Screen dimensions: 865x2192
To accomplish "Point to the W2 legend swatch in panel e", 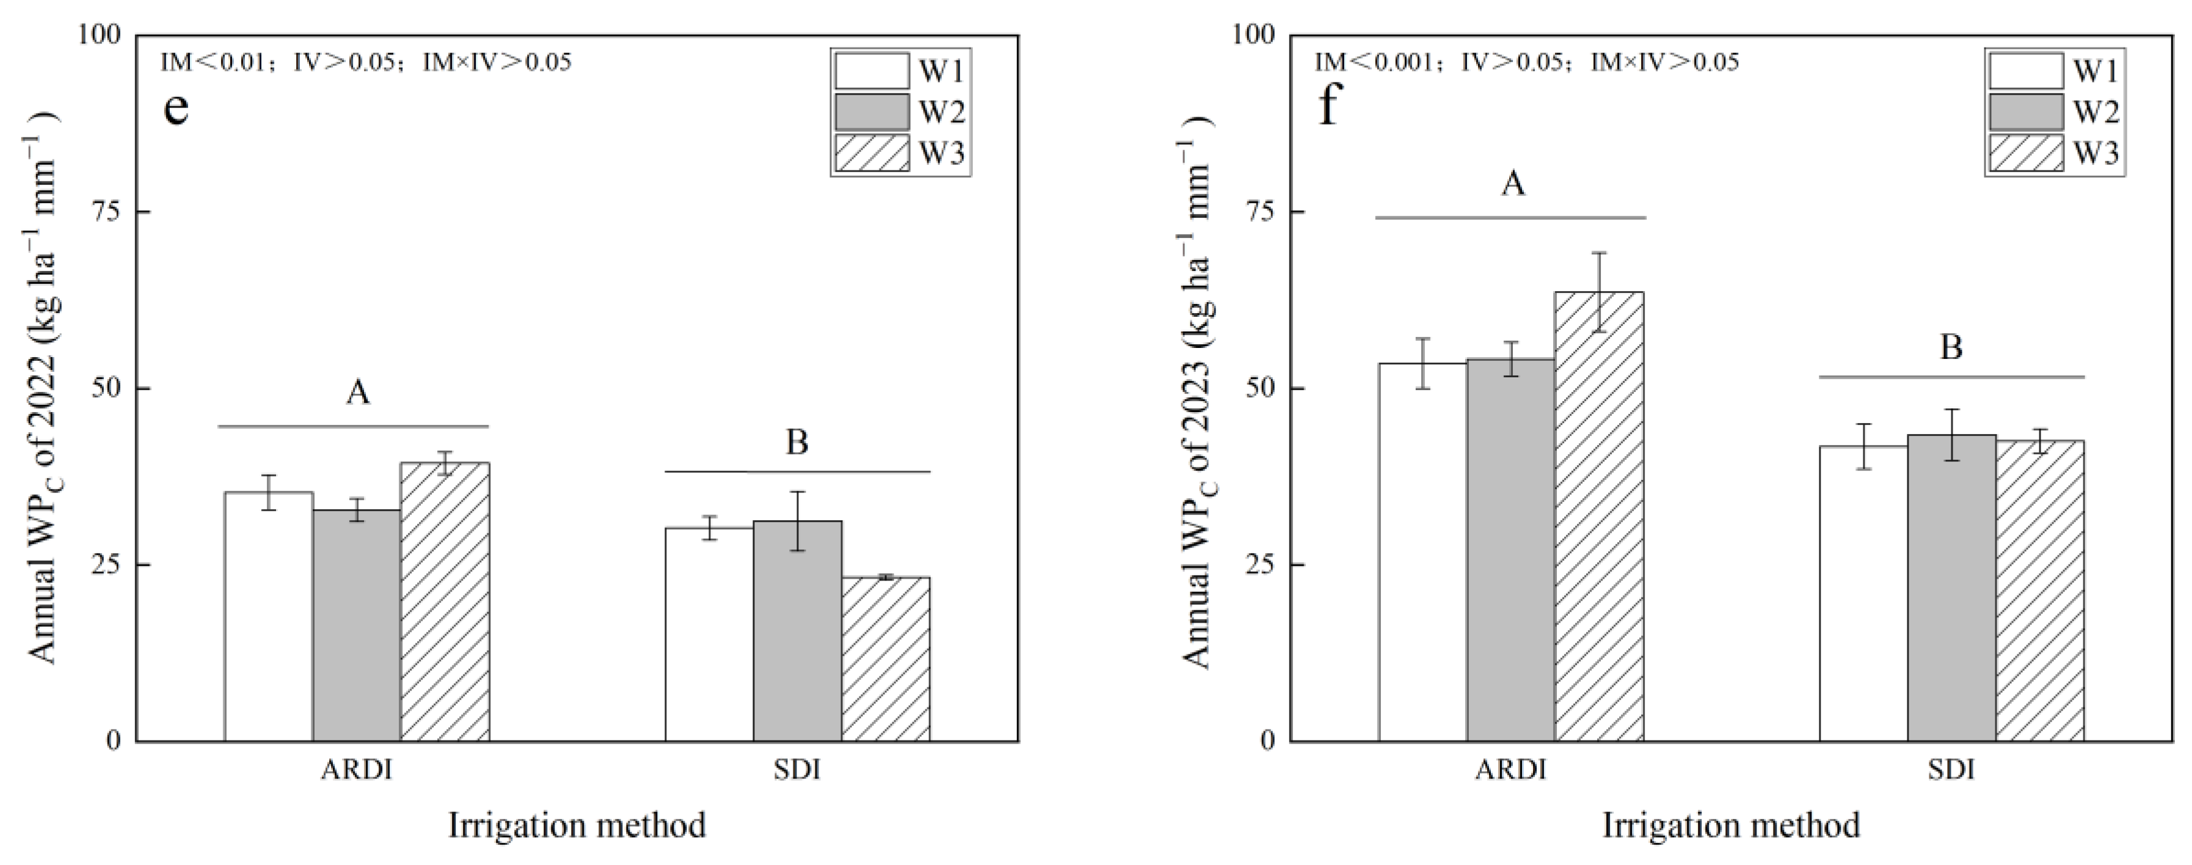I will pyautogui.click(x=872, y=112).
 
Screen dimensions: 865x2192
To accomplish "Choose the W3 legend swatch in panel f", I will pyautogui.click(x=2025, y=153).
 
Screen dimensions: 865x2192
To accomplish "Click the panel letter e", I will pyautogui.click(x=175, y=108).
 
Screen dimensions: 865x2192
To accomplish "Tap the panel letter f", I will pyautogui.click(x=1328, y=108).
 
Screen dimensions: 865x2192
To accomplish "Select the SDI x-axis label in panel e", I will pyautogui.click(x=797, y=770).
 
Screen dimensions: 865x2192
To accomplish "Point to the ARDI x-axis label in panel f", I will pyautogui.click(x=1510, y=770).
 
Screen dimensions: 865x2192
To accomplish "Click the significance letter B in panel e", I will pyautogui.click(x=797, y=443).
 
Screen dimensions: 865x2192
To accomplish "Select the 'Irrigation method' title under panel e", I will pyautogui.click(x=577, y=826).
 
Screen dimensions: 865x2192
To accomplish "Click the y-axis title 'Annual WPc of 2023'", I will pyautogui.click(x=1198, y=391).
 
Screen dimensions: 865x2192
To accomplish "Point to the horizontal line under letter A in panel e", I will pyautogui.click(x=353, y=426).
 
